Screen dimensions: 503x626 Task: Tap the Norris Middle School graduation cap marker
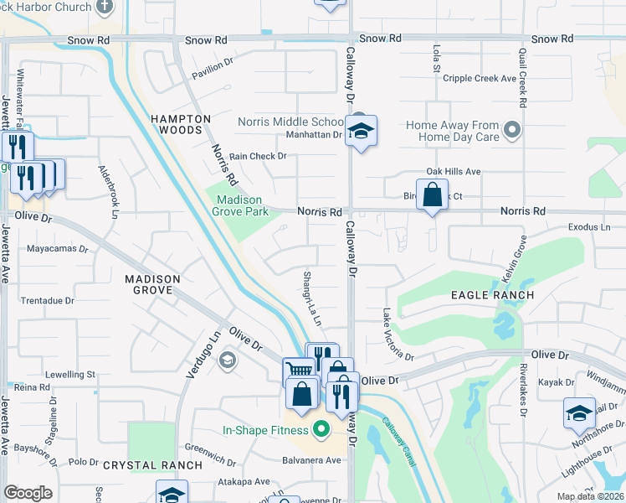[361, 132]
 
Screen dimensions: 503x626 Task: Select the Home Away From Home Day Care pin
[513, 130]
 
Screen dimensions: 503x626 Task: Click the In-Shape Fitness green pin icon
[319, 431]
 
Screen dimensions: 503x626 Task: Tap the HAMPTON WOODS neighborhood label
[181, 124]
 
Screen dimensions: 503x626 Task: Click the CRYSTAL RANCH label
[152, 464]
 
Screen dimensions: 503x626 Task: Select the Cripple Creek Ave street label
[480, 78]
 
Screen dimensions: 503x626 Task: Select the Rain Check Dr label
[258, 156]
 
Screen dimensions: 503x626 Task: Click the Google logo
[28, 493]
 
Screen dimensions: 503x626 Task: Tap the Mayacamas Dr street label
[58, 249]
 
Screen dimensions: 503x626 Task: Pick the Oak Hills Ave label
[453, 171]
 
